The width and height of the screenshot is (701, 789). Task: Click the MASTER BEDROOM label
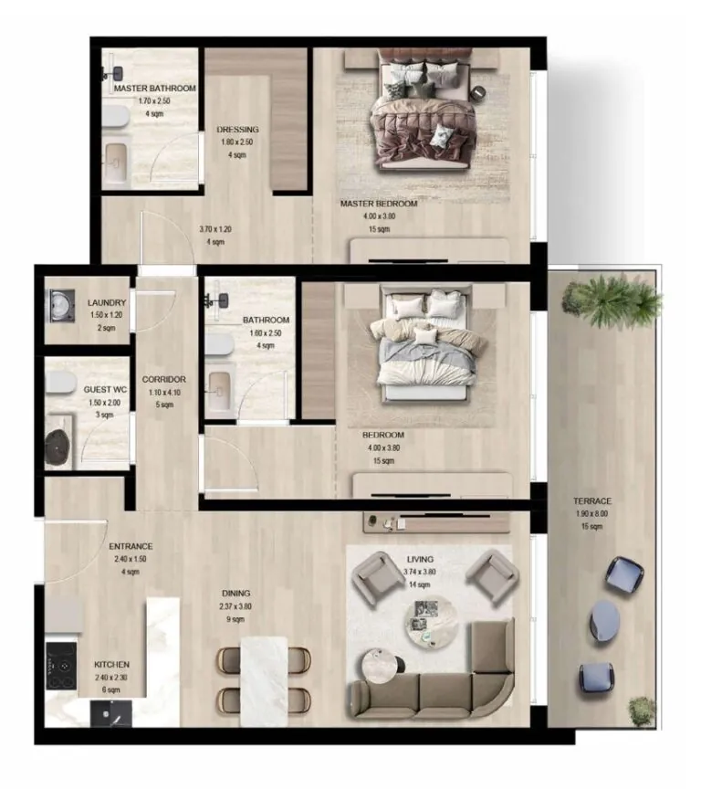coord(378,204)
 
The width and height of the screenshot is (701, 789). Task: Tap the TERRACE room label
coord(592,501)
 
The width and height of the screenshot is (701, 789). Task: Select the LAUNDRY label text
coord(106,303)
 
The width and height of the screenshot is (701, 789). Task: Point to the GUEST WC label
coord(104,388)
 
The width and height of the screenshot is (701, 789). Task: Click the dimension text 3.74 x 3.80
coord(420,573)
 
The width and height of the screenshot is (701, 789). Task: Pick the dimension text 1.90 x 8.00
coord(592,514)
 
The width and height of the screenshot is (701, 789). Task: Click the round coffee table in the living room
coord(427,625)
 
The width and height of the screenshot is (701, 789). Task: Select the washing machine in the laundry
coord(62,306)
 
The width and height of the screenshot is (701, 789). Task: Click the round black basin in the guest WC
coord(62,443)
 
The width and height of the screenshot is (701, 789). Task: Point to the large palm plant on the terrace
coord(611,300)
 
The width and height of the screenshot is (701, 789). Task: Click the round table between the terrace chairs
coord(608,621)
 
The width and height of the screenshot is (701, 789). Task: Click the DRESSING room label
coord(237,130)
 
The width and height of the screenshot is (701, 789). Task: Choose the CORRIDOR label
coord(164,379)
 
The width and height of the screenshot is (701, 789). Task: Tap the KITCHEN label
coord(111,664)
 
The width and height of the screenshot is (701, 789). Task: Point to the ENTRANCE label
coord(131,547)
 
